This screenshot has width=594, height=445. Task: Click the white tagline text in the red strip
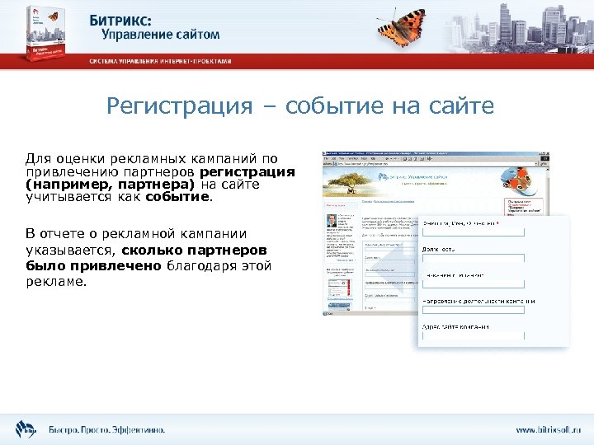[161, 61]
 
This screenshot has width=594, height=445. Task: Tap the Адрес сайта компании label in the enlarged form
[456, 326]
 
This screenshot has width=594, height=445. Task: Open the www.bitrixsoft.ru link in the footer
[548, 429]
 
